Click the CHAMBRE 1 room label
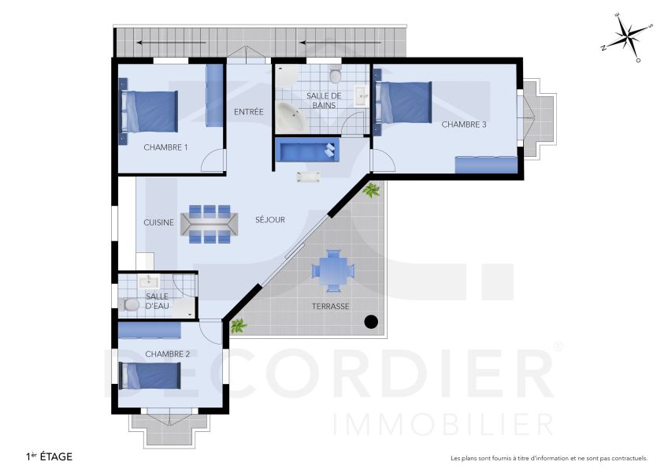[x=165, y=147]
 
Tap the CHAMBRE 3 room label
[x=463, y=125]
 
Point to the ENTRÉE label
[x=248, y=112]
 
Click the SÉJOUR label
[x=270, y=220]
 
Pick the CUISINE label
[x=158, y=223]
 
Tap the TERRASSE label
[x=330, y=306]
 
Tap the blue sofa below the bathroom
[x=308, y=149]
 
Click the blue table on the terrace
[x=330, y=270]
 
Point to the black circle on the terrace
[x=371, y=322]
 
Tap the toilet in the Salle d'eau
[x=131, y=304]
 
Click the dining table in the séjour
[x=208, y=224]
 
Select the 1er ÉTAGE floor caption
[x=50, y=456]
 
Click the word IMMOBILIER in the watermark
[x=444, y=424]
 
